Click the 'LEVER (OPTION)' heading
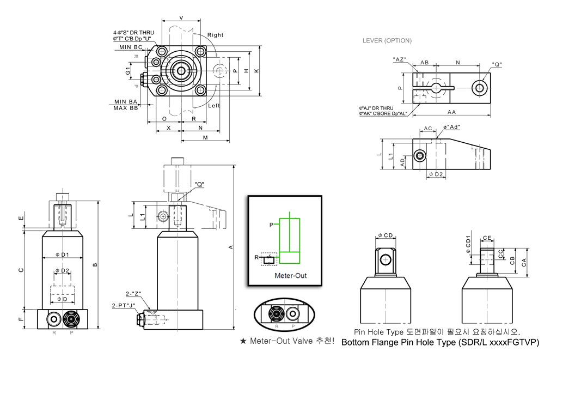(387, 41)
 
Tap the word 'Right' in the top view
(215, 35)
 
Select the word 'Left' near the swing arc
(213, 106)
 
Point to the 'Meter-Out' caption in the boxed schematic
(290, 276)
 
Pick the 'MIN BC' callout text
(131, 47)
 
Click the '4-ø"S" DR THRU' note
(133, 32)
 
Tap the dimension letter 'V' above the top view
(181, 18)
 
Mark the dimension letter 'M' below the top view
(205, 137)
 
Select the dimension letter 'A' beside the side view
(231, 247)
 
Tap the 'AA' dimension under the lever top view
(451, 112)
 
